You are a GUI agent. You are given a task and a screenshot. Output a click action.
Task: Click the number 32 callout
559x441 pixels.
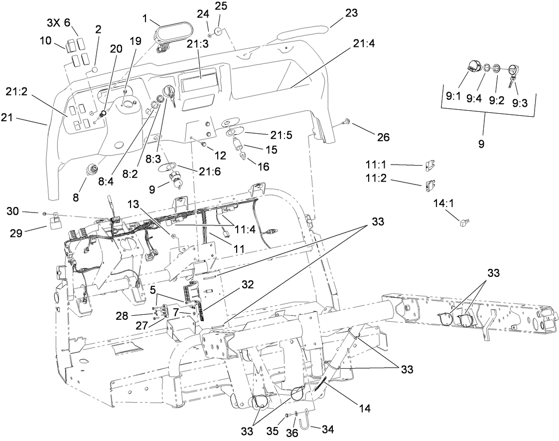click(247, 284)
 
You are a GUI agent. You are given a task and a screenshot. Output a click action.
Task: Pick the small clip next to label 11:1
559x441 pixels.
click(430, 165)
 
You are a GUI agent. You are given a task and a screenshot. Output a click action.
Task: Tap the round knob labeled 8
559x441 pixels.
click(93, 170)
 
